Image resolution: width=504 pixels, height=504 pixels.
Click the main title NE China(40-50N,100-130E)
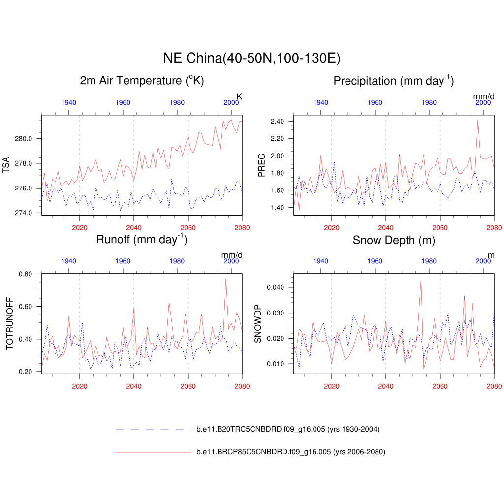click(252, 58)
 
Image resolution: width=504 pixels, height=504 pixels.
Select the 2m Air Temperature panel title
click(142, 81)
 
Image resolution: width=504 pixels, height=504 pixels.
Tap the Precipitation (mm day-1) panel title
click(393, 81)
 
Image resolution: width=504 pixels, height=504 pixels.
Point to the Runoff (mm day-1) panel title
click(142, 240)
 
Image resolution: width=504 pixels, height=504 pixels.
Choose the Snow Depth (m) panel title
click(393, 240)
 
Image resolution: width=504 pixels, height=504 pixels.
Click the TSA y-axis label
click(6, 164)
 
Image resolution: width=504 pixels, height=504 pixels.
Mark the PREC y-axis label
click(262, 164)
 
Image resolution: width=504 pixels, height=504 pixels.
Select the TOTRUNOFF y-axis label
click(10, 323)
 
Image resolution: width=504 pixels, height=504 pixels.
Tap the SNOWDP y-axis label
click(258, 323)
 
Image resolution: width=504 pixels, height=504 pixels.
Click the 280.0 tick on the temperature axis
click(24, 139)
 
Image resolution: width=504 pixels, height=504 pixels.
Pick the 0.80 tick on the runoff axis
click(26, 274)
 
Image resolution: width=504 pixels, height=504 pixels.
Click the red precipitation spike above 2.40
click(477, 120)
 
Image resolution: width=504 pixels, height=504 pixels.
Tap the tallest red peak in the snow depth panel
click(421, 279)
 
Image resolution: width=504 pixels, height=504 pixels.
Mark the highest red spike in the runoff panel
click(226, 279)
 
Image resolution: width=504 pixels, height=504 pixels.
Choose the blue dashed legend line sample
click(153, 430)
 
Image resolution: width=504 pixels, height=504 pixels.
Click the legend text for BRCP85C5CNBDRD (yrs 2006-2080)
click(290, 452)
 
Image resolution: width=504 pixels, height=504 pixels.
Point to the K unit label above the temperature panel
click(240, 96)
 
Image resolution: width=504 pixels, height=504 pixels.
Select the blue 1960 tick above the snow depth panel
click(375, 261)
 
